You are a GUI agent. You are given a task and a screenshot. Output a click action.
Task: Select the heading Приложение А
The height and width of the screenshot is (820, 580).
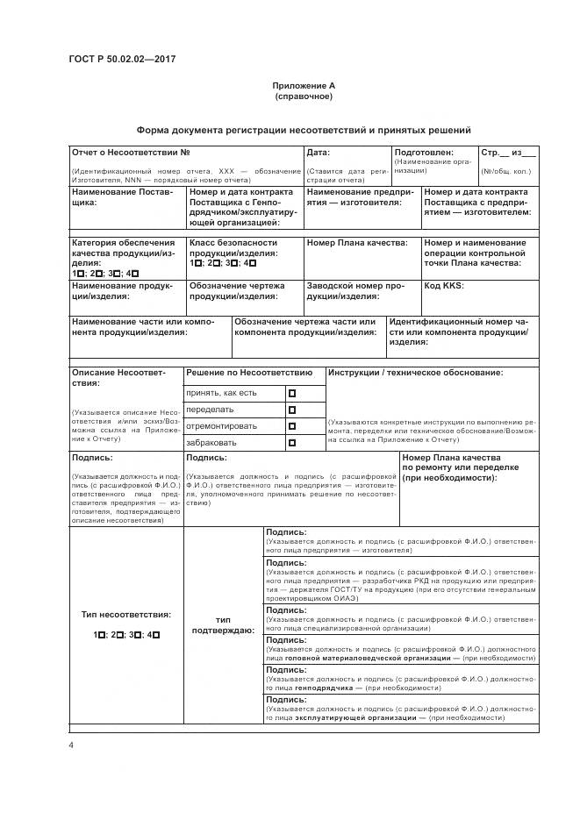tap(304, 86)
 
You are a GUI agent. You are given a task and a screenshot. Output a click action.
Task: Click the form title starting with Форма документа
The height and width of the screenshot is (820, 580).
tap(304, 129)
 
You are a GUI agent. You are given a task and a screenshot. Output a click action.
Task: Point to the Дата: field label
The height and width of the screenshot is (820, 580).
tap(318, 153)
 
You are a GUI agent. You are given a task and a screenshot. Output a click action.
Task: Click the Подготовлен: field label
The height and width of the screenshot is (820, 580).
tap(423, 153)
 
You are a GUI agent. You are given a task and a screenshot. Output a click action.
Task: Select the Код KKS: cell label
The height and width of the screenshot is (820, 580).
tap(444, 286)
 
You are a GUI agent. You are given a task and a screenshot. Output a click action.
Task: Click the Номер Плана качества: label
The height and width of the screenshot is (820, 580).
tap(356, 242)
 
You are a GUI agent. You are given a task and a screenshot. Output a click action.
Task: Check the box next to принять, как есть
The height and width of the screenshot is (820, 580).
tap(292, 393)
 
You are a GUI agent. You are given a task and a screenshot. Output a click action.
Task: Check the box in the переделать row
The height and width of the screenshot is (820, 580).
tap(292, 410)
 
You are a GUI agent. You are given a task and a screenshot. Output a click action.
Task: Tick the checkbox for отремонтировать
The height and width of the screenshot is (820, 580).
tap(292, 426)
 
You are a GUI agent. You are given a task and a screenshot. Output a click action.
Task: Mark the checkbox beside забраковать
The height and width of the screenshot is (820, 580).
tap(292, 443)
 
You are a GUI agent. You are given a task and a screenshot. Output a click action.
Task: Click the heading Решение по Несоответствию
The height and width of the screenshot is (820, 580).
tap(249, 374)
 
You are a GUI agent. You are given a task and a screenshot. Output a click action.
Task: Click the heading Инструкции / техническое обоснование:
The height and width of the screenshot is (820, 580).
tap(416, 374)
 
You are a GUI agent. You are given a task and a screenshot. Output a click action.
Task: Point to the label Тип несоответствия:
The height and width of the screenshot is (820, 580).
tap(126, 615)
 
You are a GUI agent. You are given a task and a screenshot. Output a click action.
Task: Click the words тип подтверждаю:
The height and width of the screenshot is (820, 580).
tap(223, 624)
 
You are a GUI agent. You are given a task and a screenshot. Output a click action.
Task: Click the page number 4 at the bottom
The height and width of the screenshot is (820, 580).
tap(71, 745)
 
